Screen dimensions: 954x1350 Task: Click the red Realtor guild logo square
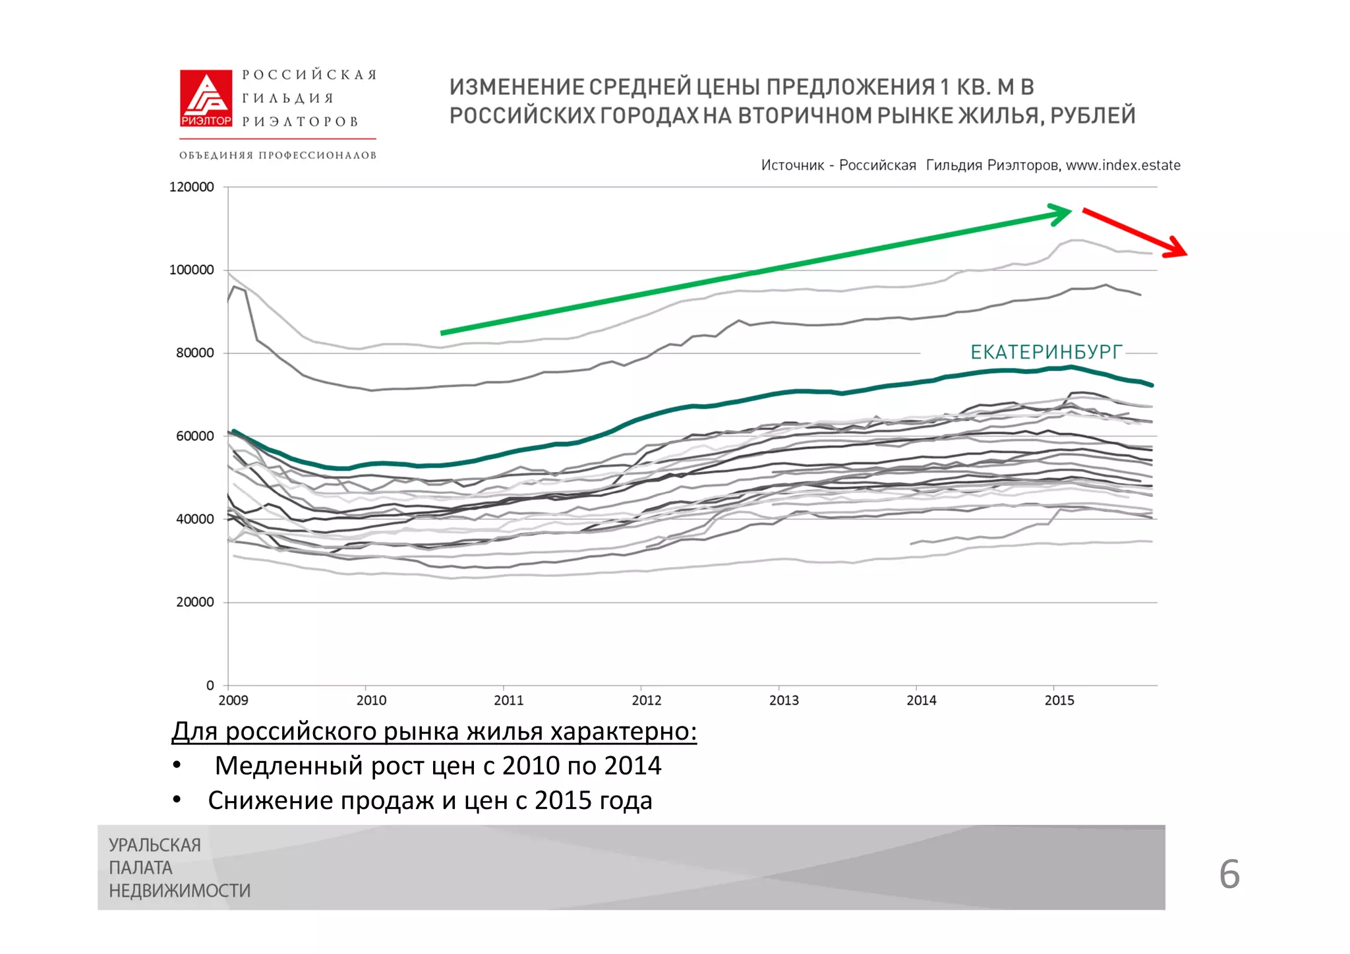[x=206, y=98]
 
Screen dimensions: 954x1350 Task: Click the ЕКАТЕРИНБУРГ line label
[x=1045, y=352]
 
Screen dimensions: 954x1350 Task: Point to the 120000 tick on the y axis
[x=191, y=187]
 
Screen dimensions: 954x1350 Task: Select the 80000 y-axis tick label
[x=194, y=353]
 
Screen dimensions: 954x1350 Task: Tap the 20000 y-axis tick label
[x=194, y=603]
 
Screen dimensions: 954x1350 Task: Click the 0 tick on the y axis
[x=210, y=686]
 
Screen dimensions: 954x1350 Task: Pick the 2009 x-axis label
[x=233, y=701]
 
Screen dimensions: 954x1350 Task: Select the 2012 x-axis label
[x=646, y=701]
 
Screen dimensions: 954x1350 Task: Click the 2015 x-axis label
[x=1059, y=701]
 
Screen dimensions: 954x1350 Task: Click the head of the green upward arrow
[x=1063, y=214]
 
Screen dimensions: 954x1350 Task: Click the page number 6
[x=1229, y=875]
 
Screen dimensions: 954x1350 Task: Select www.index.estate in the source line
[x=1123, y=165]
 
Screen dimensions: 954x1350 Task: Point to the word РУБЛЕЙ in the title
[x=1092, y=116]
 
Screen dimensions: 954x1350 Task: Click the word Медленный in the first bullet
[x=289, y=766]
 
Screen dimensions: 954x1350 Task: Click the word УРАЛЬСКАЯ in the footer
[x=154, y=845]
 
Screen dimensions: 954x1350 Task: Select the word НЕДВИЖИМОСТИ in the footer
[x=179, y=891]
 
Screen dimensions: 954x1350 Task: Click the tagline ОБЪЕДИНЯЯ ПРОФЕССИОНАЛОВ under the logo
[x=278, y=156]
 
